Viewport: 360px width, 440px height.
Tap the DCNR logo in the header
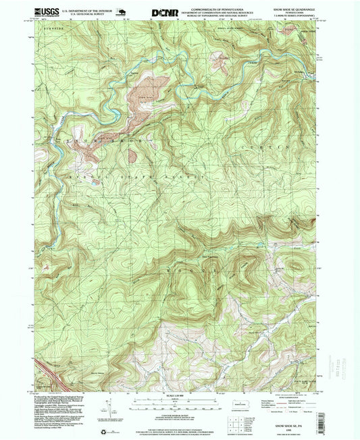[x=165, y=11]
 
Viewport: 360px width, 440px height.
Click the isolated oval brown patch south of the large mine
[x=134, y=156]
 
